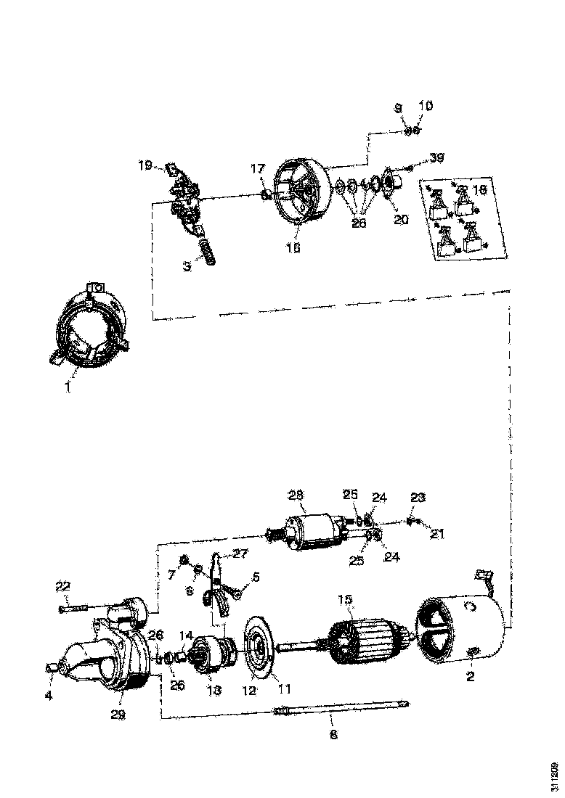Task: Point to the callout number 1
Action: click(x=67, y=387)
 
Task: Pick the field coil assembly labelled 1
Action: click(x=92, y=326)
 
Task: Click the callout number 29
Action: click(x=118, y=714)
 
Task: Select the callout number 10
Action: click(x=426, y=106)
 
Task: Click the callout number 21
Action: click(x=437, y=533)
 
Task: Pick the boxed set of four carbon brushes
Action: click(x=463, y=218)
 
